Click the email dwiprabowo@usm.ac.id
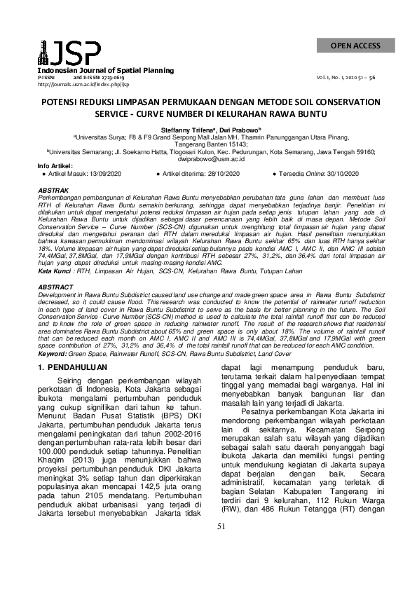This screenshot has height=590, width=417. point(208,159)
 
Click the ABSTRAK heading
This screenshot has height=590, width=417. point(53,191)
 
